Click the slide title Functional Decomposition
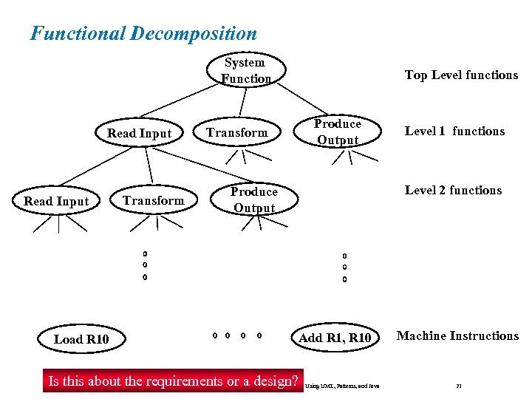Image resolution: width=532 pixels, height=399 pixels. pyautogui.click(x=143, y=33)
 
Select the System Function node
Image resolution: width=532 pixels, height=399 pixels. pyautogui.click(x=245, y=70)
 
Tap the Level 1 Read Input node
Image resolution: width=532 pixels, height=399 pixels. pyautogui.click(x=139, y=133)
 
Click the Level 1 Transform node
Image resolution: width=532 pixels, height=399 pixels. pyautogui.click(x=236, y=132)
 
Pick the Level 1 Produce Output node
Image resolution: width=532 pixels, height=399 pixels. pyautogui.click(x=337, y=132)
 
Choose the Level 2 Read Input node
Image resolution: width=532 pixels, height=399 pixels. pyautogui.click(x=56, y=201)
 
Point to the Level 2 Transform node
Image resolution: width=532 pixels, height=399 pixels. pyautogui.click(x=154, y=200)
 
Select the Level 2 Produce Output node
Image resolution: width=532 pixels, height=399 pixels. pyautogui.click(x=253, y=199)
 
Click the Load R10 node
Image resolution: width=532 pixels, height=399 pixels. pyautogui.click(x=81, y=339)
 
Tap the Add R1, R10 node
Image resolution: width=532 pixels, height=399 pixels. pyautogui.click(x=335, y=338)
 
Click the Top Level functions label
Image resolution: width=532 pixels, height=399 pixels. pyautogui.click(x=461, y=75)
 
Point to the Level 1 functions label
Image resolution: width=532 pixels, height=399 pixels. pyautogui.click(x=454, y=131)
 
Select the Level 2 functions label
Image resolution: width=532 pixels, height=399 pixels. pyautogui.click(x=453, y=190)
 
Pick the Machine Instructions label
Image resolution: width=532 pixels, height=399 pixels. pyautogui.click(x=457, y=335)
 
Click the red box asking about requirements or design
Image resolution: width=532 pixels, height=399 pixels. pyautogui.click(x=173, y=381)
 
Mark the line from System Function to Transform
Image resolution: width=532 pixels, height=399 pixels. pyautogui.click(x=239, y=103)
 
